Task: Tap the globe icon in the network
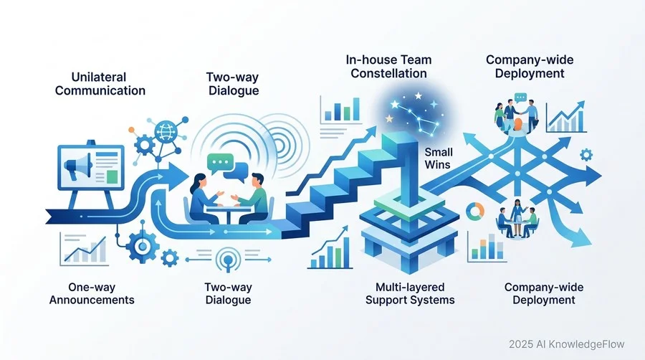(x=166, y=132)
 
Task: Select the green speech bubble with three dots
(x=220, y=164)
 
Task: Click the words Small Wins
(x=438, y=158)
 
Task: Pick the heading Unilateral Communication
(x=100, y=84)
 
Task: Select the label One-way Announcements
(x=92, y=293)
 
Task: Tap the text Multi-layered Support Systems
(x=410, y=293)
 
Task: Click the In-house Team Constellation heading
(x=388, y=67)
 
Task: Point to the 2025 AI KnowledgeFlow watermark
(x=566, y=344)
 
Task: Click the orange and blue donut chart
(x=475, y=211)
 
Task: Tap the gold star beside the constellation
(x=388, y=118)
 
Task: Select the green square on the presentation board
(x=112, y=176)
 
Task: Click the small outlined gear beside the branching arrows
(x=586, y=155)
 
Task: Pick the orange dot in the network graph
(x=131, y=130)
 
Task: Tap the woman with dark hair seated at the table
(x=202, y=199)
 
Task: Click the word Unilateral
(x=99, y=77)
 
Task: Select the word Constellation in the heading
(x=388, y=74)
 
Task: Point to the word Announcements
(x=92, y=300)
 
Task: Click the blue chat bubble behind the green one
(x=237, y=171)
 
